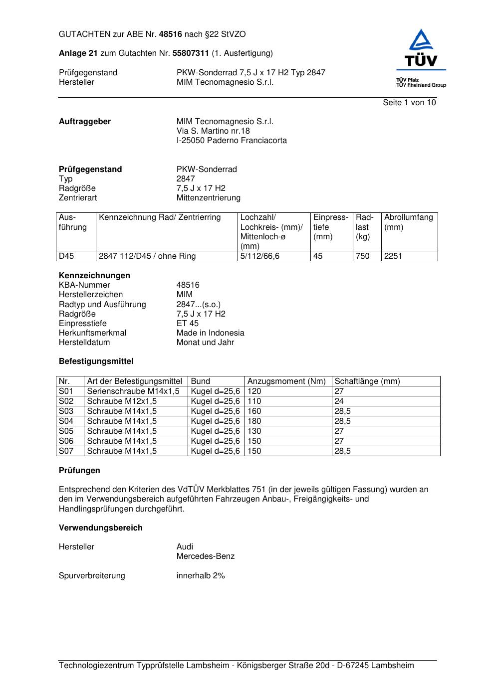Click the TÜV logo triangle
[422, 40]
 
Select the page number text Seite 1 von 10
[409, 103]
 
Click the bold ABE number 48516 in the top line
[171, 34]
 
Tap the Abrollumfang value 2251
[393, 256]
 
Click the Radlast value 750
[363, 256]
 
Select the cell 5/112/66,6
[260, 256]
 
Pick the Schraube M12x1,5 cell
[122, 401]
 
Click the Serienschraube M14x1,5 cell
[133, 391]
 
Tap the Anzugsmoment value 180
[254, 421]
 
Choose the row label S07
[66, 451]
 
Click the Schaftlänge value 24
[339, 401]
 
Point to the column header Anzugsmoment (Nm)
[286, 381]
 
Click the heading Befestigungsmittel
[96, 361]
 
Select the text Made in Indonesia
[210, 333]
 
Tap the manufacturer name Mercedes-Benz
[205, 556]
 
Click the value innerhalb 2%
[201, 576]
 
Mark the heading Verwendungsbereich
[100, 528]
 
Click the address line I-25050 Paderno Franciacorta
[232, 141]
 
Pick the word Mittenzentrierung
[208, 198]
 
